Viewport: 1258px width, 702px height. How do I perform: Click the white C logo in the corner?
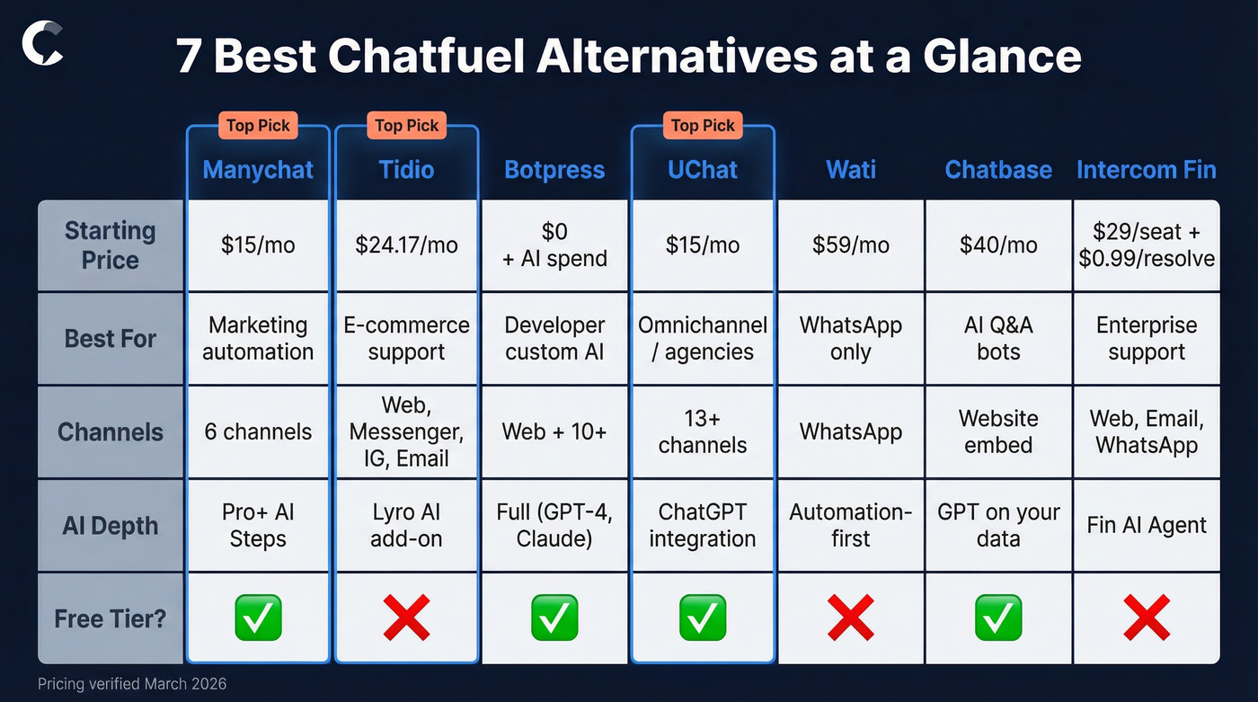click(42, 45)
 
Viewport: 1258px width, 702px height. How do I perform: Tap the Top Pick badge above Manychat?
click(258, 125)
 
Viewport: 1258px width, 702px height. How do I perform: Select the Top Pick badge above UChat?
click(703, 125)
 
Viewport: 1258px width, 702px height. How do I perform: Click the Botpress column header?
click(554, 170)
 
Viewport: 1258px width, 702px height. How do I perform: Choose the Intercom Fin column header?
click(1147, 170)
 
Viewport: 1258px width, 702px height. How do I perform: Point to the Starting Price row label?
click(110, 245)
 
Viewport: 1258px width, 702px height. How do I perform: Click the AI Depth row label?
click(110, 526)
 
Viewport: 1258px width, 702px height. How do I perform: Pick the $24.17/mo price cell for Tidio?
click(406, 245)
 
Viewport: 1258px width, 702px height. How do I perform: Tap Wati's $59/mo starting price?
click(850, 245)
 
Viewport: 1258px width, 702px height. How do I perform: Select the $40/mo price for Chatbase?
click(998, 245)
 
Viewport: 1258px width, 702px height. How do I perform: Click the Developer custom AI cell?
click(554, 339)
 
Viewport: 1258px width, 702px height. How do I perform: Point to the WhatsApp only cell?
click(850, 339)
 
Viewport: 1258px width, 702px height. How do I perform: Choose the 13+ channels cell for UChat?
click(703, 432)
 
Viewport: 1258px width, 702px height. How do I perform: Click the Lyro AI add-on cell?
click(406, 526)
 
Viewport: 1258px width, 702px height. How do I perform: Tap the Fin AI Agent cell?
click(1147, 526)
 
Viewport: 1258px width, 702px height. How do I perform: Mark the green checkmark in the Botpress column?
click(554, 618)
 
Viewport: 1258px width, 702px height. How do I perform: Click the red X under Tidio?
click(406, 618)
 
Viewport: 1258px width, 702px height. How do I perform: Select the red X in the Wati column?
click(850, 618)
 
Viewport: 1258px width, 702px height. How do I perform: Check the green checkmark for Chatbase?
click(998, 618)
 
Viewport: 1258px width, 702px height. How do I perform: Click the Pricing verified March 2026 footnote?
click(132, 684)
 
